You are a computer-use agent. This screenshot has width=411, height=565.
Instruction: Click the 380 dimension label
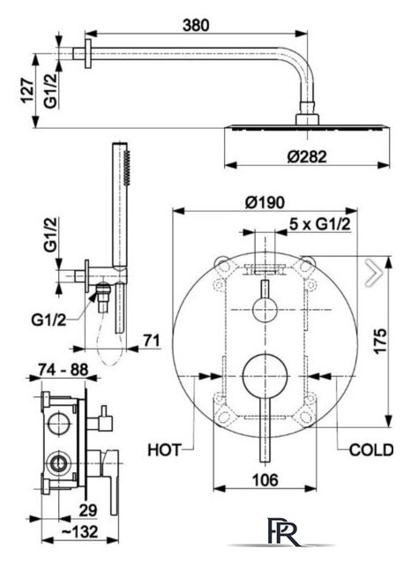tap(196, 26)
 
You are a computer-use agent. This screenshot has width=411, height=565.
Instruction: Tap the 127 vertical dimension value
tap(27, 90)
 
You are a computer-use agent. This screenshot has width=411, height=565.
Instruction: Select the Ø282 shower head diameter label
tap(307, 157)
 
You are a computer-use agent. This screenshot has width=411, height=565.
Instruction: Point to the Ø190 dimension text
tap(265, 202)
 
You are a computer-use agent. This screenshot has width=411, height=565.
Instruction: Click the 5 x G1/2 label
tap(319, 224)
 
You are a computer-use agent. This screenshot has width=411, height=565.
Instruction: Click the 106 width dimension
tap(265, 479)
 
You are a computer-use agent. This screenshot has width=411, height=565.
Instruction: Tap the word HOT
tap(164, 449)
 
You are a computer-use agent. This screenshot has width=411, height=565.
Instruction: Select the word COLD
tap(371, 449)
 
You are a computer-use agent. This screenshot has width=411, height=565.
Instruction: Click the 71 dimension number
tap(152, 340)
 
